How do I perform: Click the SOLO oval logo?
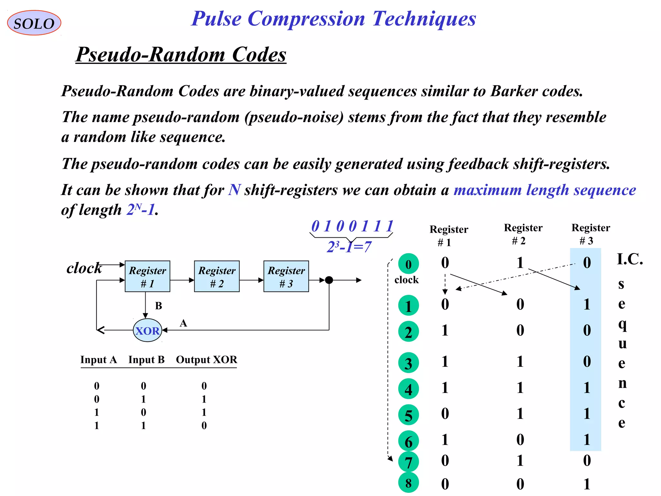coord(34,23)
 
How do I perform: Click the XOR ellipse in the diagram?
coord(147,330)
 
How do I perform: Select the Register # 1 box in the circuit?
coord(147,276)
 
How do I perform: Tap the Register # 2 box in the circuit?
coord(217,276)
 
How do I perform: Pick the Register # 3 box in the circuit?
coord(286,276)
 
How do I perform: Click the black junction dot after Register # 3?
coord(329,280)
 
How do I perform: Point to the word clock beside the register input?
coord(84,268)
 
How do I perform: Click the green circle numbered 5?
coord(408,415)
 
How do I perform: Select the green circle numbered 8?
coord(408,483)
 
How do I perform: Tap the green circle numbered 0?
coord(408,264)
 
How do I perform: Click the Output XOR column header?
coord(207,359)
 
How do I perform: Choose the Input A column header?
coord(98,359)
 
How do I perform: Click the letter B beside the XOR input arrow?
coord(158,306)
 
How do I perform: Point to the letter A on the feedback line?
coord(183,323)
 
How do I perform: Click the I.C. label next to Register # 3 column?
coord(630,259)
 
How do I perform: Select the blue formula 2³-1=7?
coord(349,247)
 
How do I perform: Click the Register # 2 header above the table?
coord(523,234)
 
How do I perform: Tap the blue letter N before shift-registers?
coord(234,190)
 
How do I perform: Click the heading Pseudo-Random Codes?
coord(181,54)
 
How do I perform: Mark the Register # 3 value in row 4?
coord(586,387)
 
